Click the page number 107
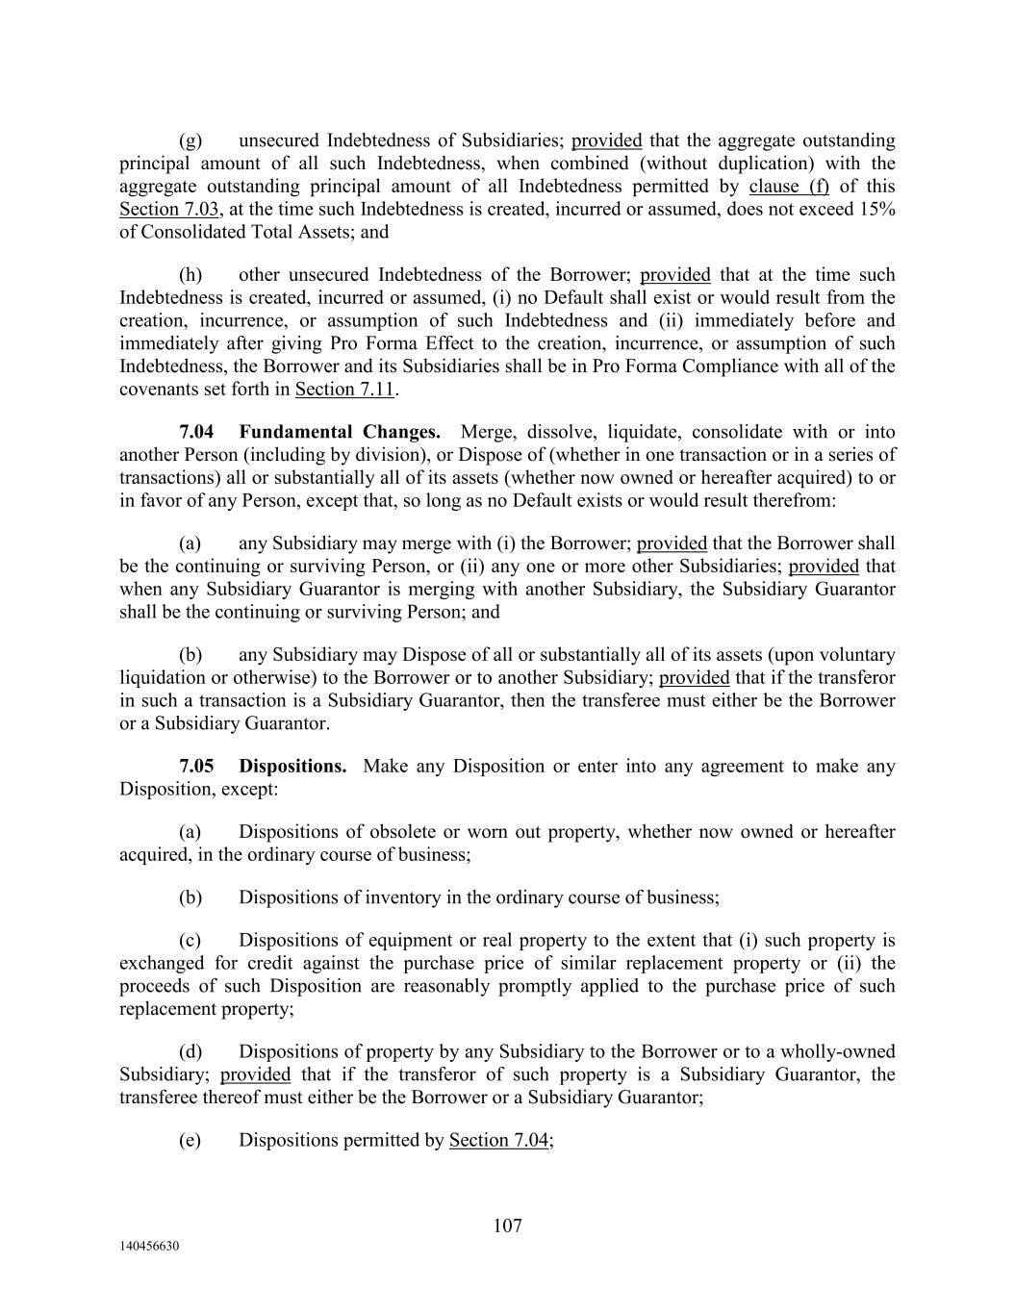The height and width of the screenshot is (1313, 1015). (507, 1225)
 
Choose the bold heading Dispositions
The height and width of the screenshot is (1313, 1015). (292, 767)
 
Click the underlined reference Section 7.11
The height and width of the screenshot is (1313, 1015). (346, 390)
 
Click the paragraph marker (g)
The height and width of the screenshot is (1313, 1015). (190, 140)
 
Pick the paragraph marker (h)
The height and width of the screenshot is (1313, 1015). (190, 275)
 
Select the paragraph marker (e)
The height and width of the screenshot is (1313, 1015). (190, 1140)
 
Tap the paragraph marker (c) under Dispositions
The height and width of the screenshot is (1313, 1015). (190, 941)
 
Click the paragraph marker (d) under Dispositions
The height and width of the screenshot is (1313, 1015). (190, 1052)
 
